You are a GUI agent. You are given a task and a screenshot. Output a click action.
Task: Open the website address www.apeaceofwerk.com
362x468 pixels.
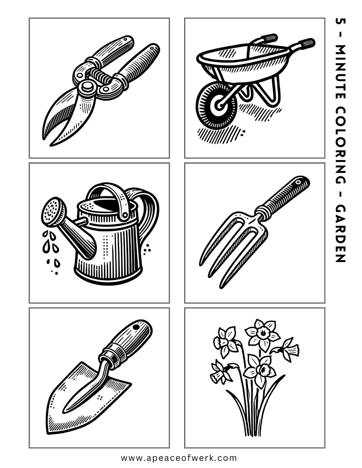(x=179, y=458)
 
